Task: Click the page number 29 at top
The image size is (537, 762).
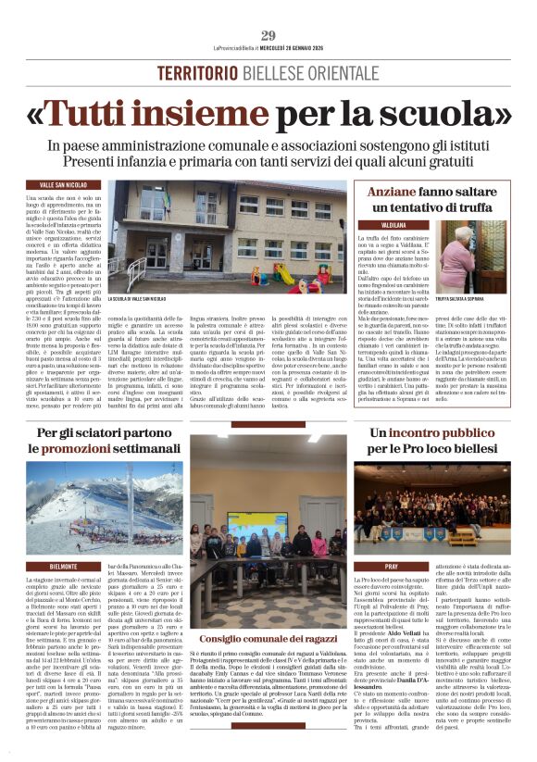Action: [268, 35]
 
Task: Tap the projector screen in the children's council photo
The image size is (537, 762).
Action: [246, 524]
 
